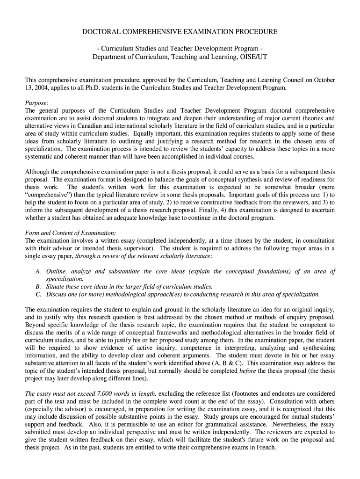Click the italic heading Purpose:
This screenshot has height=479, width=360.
click(36, 103)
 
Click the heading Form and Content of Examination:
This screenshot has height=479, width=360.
click(70, 233)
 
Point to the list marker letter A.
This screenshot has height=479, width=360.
click(37, 271)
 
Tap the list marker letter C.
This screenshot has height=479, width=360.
click(37, 294)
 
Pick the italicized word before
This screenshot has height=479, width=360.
click(247, 370)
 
